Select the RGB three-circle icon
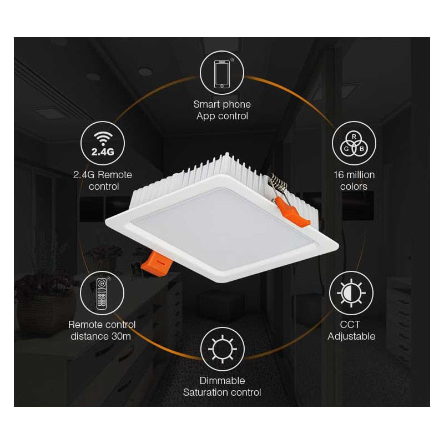[354, 143]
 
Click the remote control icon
[102, 293]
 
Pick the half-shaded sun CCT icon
[351, 293]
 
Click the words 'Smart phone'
[222, 104]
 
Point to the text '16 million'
[354, 175]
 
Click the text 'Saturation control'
[222, 393]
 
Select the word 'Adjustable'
[351, 336]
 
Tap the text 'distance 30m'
[102, 336]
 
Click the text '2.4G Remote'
[103, 175]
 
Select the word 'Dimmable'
[222, 381]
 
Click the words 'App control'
[222, 117]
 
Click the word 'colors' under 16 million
[354, 186]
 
